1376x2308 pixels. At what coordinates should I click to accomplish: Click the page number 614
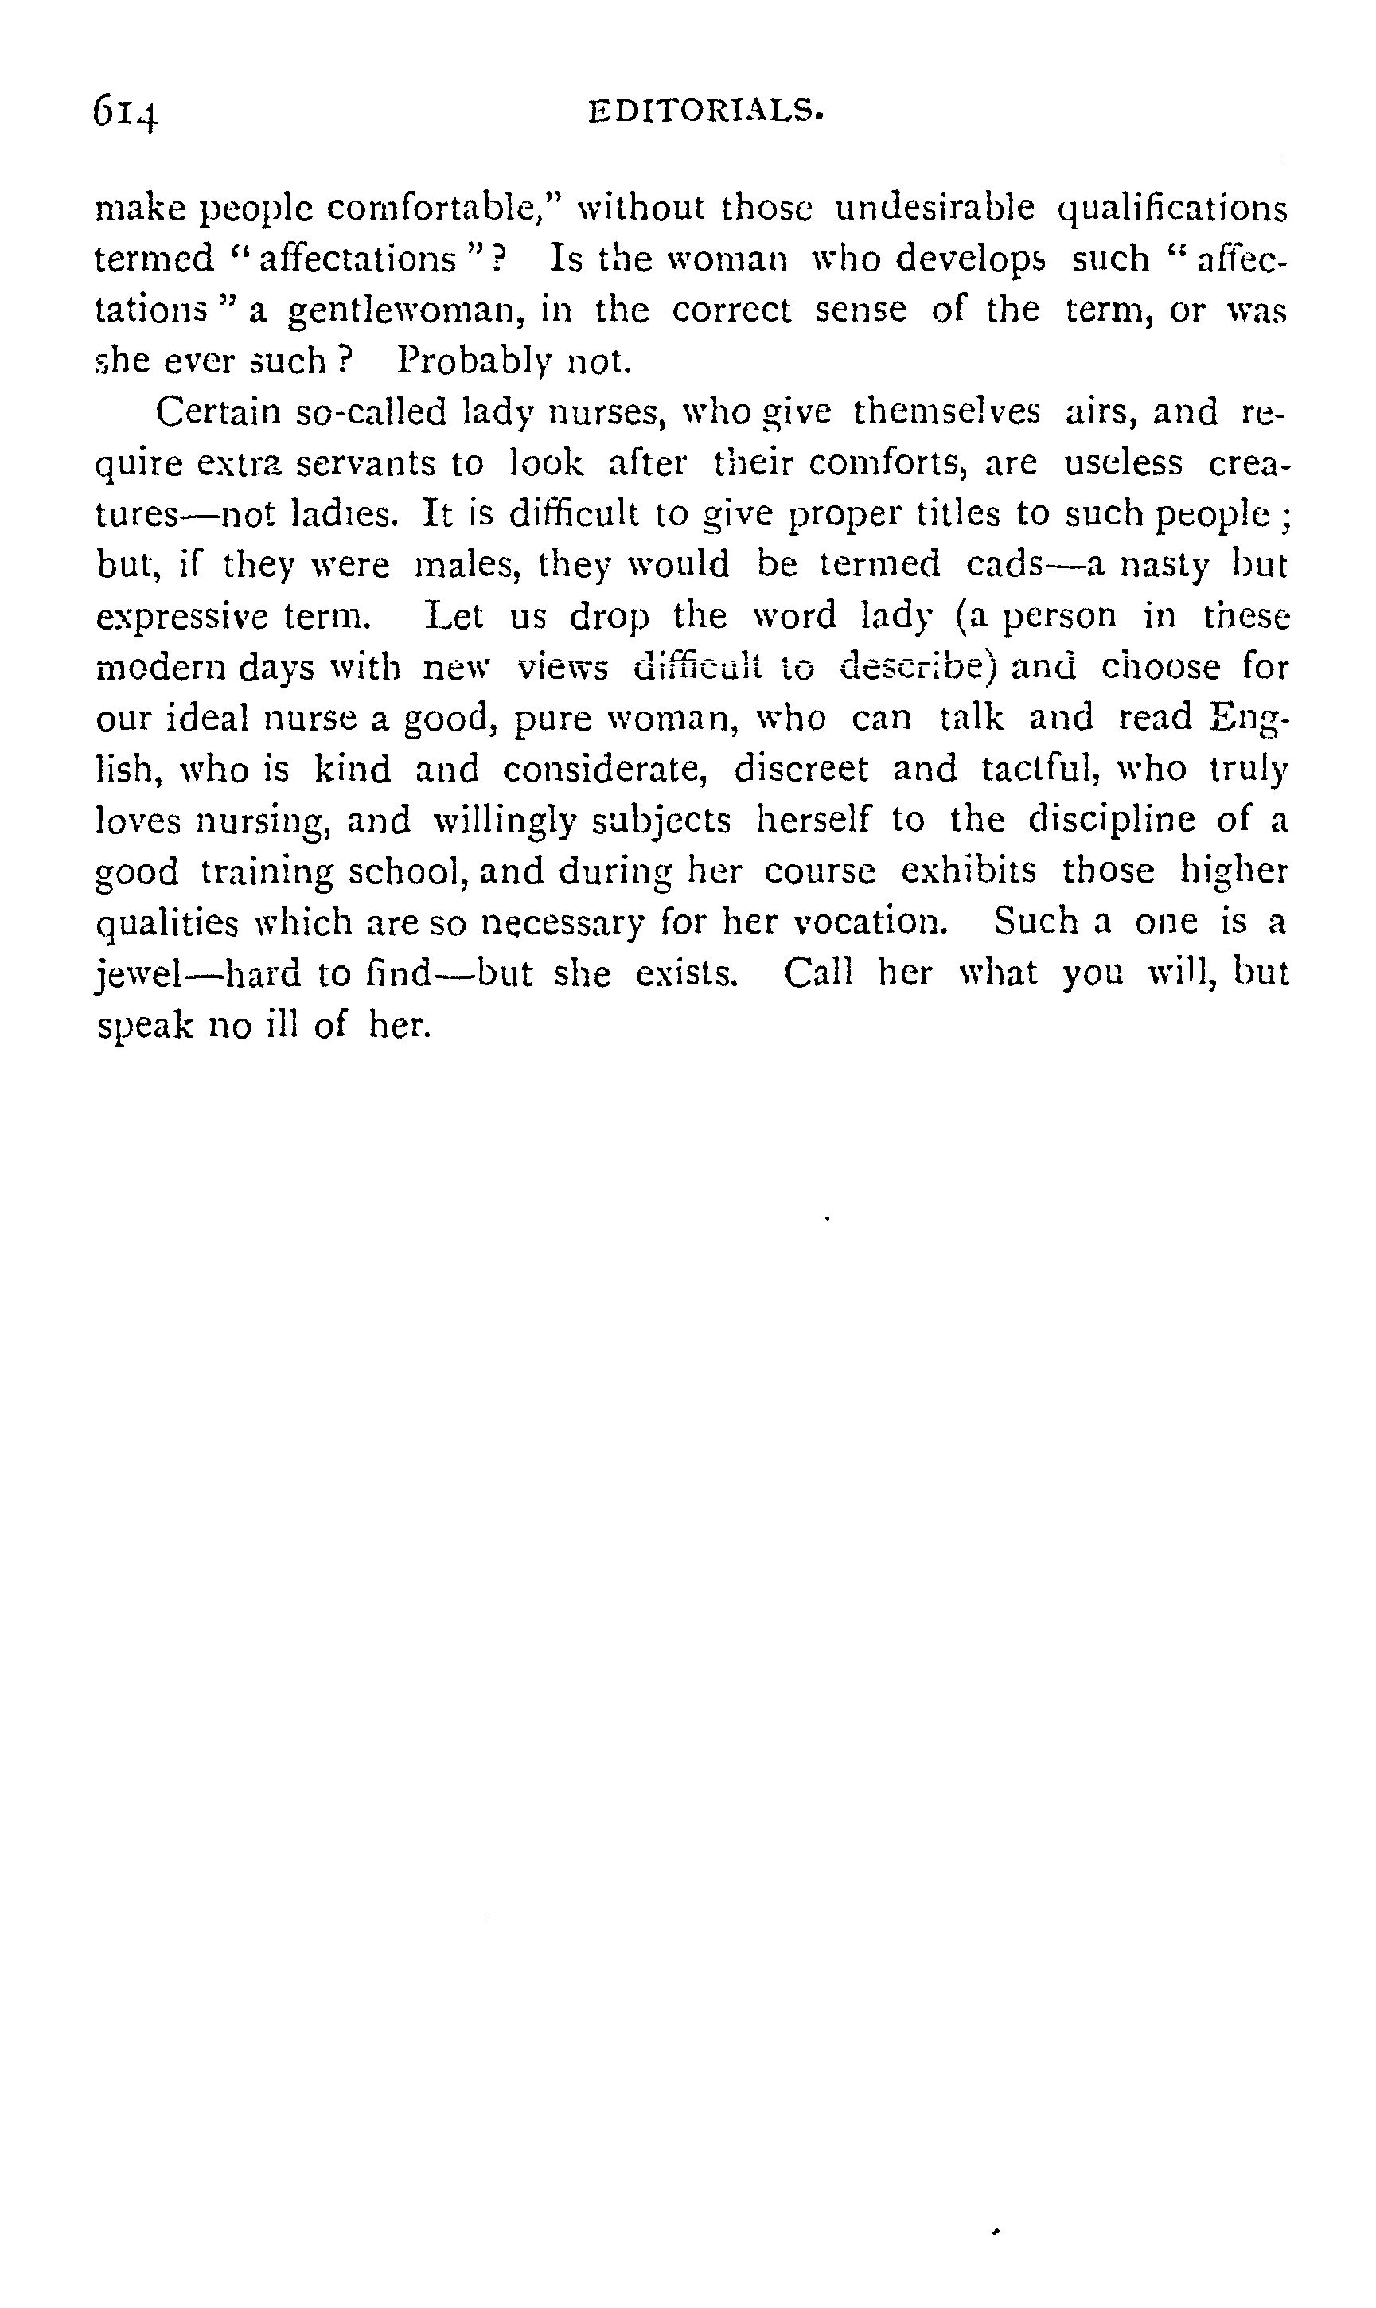click(x=126, y=113)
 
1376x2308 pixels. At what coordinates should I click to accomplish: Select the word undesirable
click(x=934, y=207)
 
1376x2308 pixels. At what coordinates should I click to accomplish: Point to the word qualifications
click(x=1173, y=209)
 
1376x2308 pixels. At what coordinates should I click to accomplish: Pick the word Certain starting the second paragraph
click(x=218, y=411)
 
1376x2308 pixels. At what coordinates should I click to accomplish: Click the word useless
click(x=1123, y=462)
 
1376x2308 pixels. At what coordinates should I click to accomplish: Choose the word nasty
click(x=1164, y=565)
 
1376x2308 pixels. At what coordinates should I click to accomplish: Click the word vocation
click(x=874, y=922)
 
